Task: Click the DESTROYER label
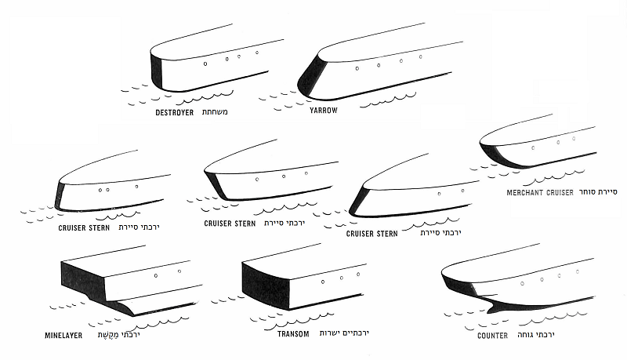click(174, 112)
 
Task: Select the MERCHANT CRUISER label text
click(540, 191)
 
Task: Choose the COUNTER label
click(493, 335)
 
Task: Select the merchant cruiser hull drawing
click(533, 145)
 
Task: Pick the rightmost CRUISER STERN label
click(371, 233)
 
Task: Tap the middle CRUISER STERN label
click(230, 224)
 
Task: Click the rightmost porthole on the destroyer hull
click(257, 53)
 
